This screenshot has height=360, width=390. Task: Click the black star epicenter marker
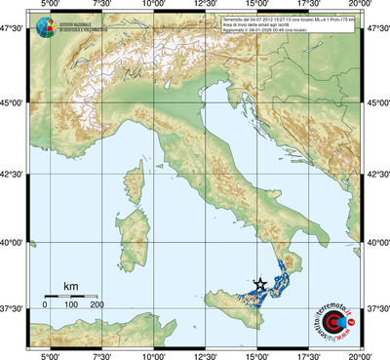click(259, 284)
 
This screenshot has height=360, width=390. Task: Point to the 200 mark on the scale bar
click(97, 305)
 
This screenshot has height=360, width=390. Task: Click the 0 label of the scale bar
click(45, 305)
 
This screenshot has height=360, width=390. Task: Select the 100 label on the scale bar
click(70, 305)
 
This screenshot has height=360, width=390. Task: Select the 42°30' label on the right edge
click(378, 174)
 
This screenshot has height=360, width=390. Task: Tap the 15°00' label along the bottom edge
click(257, 354)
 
